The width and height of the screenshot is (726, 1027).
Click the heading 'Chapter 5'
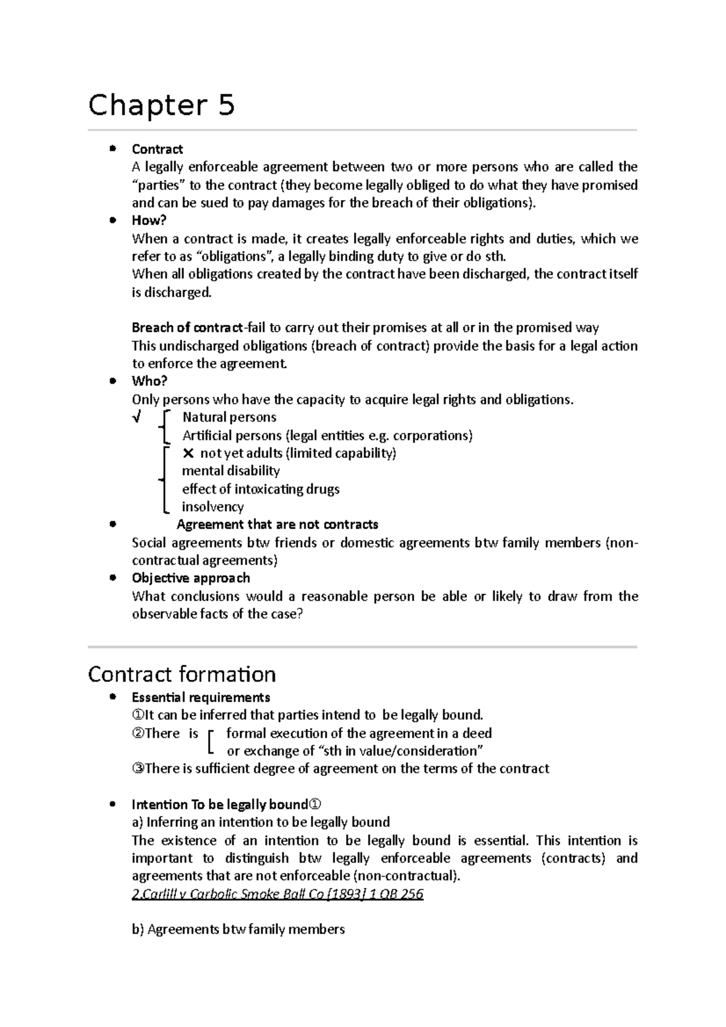(x=161, y=106)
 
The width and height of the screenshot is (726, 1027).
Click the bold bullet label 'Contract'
(x=157, y=149)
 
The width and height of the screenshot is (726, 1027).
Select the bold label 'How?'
(x=149, y=221)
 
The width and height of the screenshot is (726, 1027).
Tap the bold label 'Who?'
(x=149, y=381)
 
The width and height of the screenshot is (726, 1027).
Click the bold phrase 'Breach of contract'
(x=186, y=328)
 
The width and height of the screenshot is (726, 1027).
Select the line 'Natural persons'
(x=229, y=417)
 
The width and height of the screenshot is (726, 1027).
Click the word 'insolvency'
(x=213, y=507)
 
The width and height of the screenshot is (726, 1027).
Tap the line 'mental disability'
(x=231, y=471)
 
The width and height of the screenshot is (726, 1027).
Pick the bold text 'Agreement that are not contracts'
(x=277, y=524)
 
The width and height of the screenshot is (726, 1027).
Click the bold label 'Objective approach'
(x=191, y=578)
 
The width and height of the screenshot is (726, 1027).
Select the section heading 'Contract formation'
(x=181, y=674)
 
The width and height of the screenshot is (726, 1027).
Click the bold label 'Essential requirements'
(x=201, y=697)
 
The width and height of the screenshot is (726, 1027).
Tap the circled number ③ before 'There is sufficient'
(x=138, y=769)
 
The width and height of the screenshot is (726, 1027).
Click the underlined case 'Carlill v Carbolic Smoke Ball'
(x=277, y=894)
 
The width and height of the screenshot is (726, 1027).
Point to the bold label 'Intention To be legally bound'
(x=220, y=805)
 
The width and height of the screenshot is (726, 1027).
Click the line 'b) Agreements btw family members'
(x=238, y=930)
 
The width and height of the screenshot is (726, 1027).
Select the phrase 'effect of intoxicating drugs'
(x=261, y=489)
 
